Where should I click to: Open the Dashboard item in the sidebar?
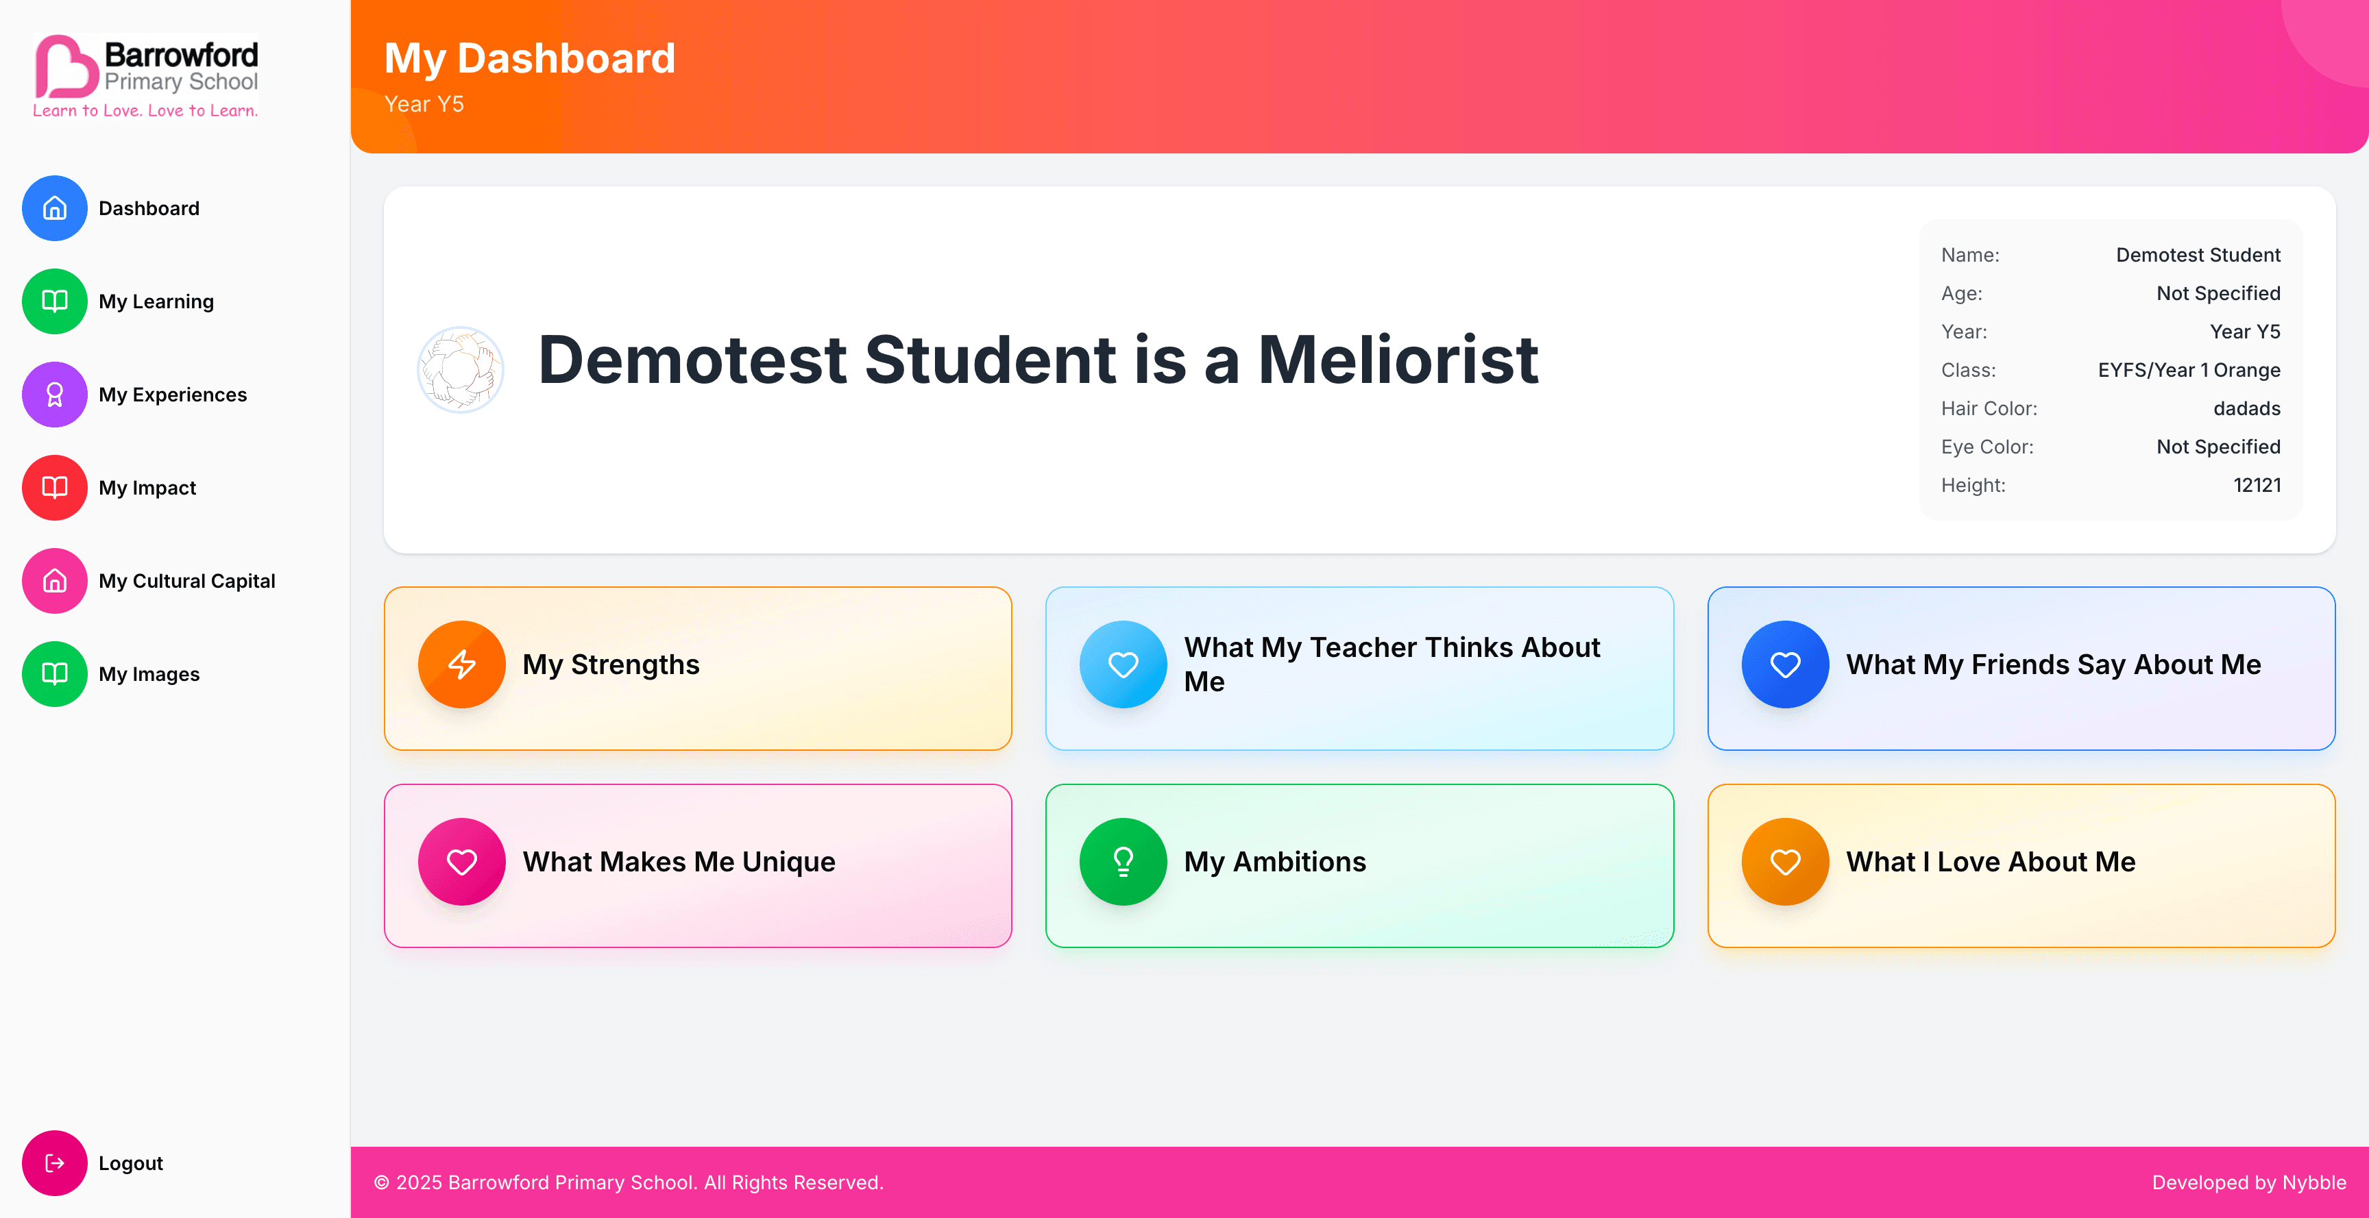point(148,209)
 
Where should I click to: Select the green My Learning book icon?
point(55,301)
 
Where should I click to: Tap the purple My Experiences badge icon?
point(55,395)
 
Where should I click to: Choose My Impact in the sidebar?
point(147,488)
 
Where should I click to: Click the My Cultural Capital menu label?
point(186,581)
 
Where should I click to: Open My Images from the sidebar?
point(148,674)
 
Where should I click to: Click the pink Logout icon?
point(55,1163)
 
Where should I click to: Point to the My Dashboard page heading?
point(530,59)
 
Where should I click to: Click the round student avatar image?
point(461,369)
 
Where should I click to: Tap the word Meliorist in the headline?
point(1398,360)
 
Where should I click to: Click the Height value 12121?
point(2257,486)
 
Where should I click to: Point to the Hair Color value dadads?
point(2247,409)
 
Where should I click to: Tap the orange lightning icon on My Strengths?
point(461,664)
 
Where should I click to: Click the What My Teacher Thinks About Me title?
point(1392,664)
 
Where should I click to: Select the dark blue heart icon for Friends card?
point(1785,664)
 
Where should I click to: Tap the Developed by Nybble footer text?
point(2248,1183)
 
